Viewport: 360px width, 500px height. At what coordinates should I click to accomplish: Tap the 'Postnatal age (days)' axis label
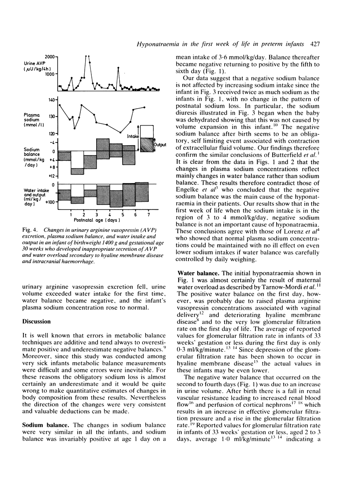tap(97, 220)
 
